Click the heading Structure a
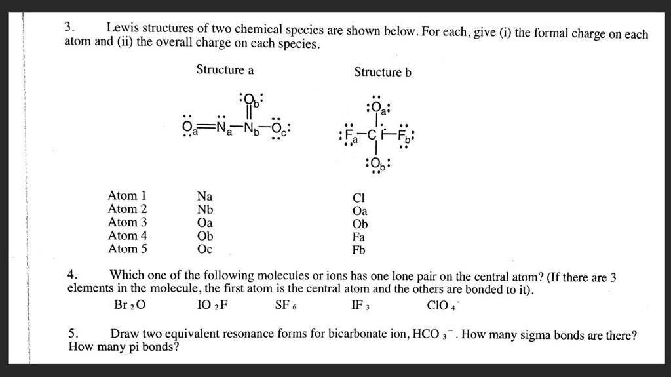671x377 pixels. pos(225,69)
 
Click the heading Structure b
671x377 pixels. pos(383,72)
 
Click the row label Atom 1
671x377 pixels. pos(127,196)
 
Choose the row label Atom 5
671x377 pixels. pos(127,249)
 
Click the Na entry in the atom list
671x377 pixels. pos(204,196)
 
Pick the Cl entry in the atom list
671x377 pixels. pos(358,198)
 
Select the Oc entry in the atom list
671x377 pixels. pos(204,249)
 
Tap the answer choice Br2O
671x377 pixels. pos(130,305)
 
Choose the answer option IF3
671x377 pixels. pos(362,305)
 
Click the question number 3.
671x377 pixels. pos(69,28)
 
